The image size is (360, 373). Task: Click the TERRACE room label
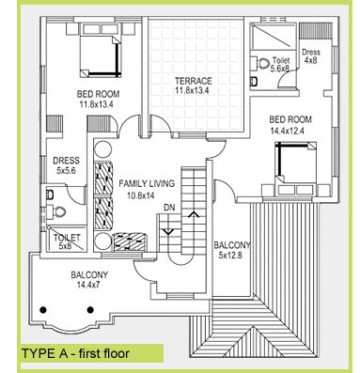(x=194, y=81)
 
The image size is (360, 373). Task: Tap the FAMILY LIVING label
(x=147, y=183)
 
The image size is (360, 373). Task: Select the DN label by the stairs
(x=169, y=208)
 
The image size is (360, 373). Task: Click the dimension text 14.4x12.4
(x=287, y=131)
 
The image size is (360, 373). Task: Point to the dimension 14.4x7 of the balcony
(x=89, y=285)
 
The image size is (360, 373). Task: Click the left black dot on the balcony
(x=43, y=310)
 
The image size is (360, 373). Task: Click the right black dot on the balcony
(x=90, y=310)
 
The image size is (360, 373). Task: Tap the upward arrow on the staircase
(x=194, y=214)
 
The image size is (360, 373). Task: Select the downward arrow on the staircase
(x=168, y=232)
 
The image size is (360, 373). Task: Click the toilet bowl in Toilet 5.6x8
(x=262, y=63)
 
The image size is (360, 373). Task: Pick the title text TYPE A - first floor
(x=75, y=353)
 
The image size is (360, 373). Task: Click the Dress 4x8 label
(x=311, y=56)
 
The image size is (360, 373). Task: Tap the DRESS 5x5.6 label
(x=66, y=165)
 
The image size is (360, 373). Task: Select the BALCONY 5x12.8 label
(x=232, y=250)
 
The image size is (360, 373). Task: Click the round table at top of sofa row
(x=103, y=149)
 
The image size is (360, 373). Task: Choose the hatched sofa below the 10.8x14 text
(x=130, y=241)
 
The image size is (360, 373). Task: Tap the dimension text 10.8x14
(x=141, y=195)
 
